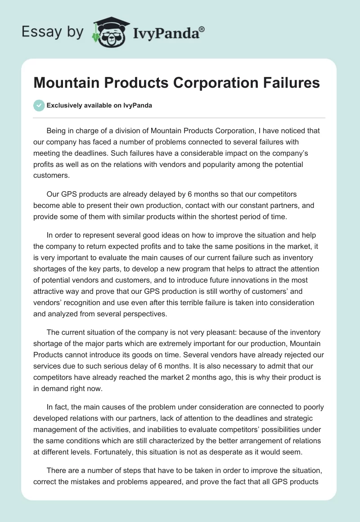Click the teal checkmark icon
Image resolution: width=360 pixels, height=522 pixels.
click(x=39, y=105)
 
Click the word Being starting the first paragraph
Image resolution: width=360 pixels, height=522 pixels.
click(x=57, y=131)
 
